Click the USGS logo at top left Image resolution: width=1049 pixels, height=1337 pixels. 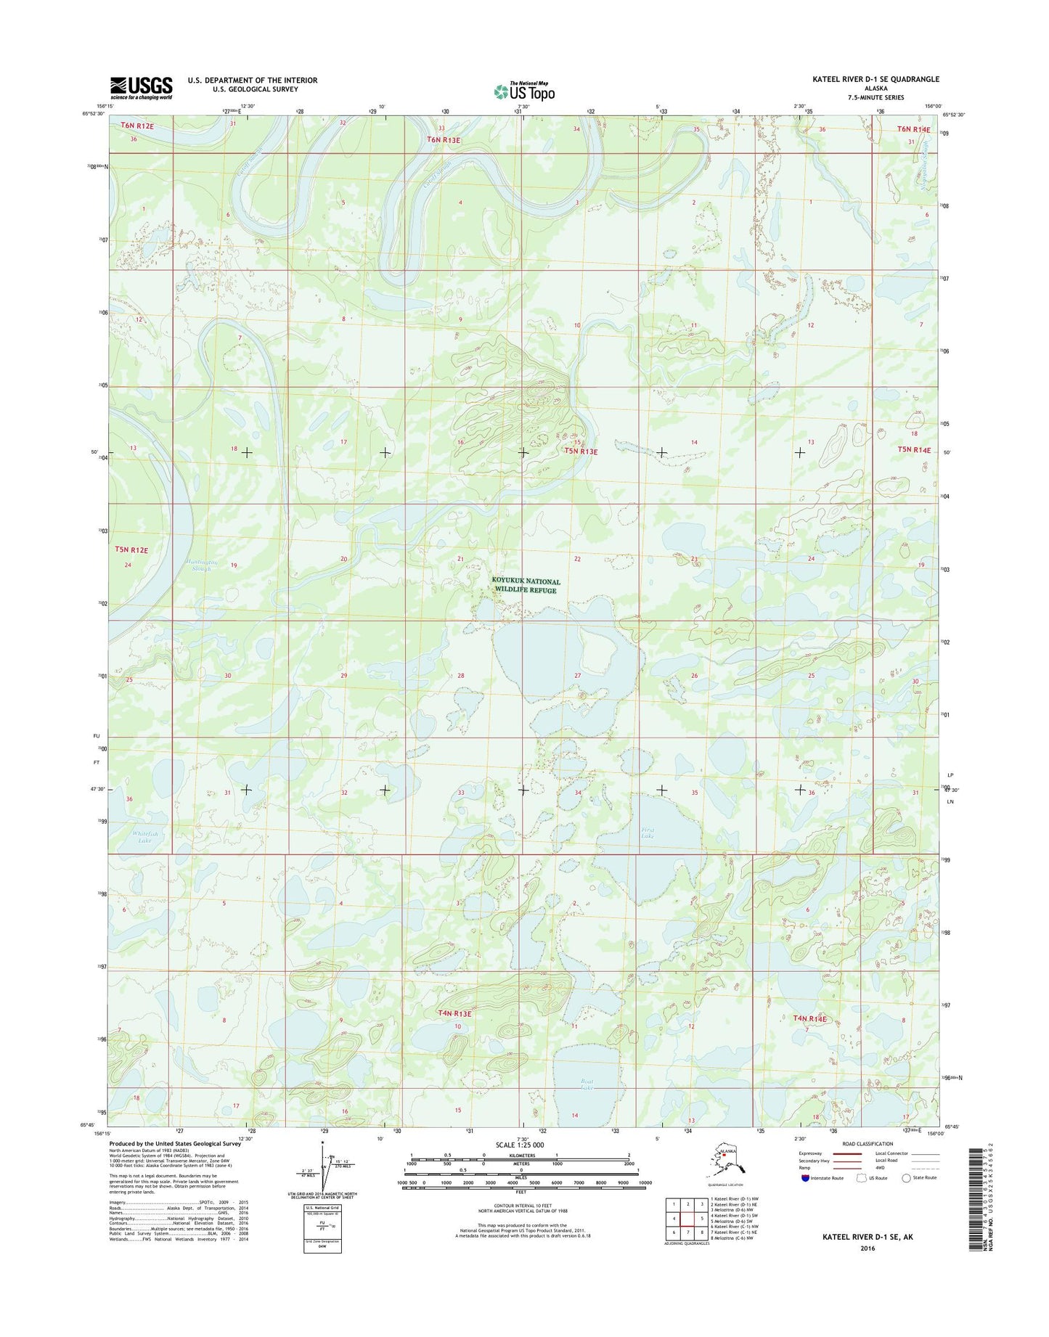point(141,88)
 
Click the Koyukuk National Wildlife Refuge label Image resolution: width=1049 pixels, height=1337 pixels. point(526,586)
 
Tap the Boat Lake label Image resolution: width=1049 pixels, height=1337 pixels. point(587,1084)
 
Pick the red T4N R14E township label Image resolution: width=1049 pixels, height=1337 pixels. point(810,1018)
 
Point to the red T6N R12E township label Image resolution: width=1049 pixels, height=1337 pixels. point(137,126)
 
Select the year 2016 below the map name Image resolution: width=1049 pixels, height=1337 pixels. point(868,1248)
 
